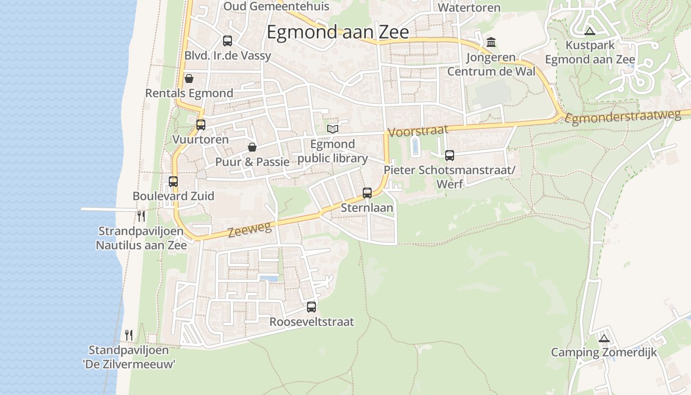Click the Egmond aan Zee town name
338,32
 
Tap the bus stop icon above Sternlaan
367,193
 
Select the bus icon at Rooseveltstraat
311,307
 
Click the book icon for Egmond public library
333,129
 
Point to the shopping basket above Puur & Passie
252,147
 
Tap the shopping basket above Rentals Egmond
189,79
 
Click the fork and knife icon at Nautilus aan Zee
141,216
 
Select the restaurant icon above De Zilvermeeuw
129,335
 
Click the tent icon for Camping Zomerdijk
604,339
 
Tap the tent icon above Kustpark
589,32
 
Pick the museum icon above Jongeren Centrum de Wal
491,42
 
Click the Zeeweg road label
250,229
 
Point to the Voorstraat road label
418,131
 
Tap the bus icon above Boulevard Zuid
173,182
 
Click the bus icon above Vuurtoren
200,125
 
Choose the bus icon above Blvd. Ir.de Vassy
227,41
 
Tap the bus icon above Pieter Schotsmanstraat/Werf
449,156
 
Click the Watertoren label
469,7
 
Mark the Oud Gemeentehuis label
276,6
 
